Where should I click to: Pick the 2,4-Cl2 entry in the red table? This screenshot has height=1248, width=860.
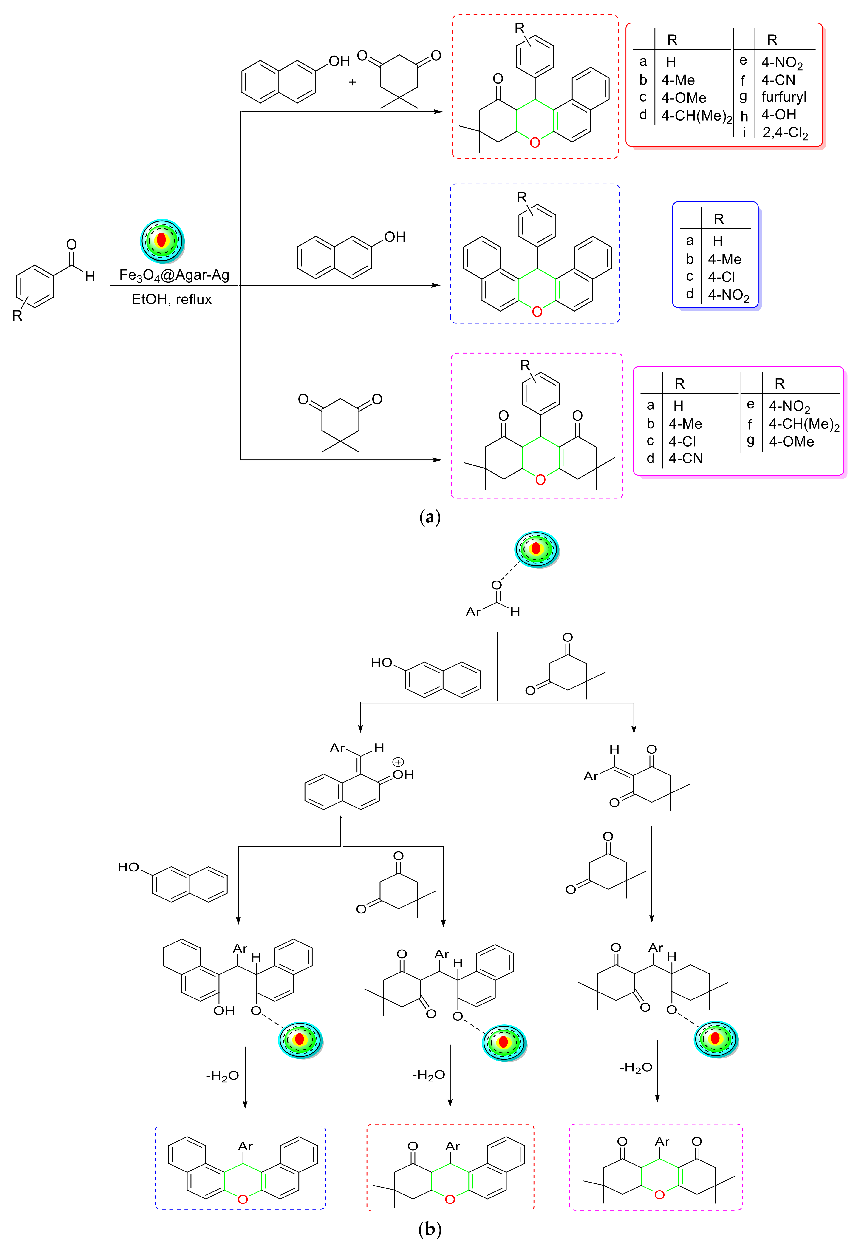click(785, 133)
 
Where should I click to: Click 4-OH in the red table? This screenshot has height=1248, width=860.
click(779, 115)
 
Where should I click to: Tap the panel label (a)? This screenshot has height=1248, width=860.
click(430, 517)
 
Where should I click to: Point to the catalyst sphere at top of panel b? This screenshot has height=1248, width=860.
click(537, 549)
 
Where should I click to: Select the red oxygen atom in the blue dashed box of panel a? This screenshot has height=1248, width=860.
click(537, 312)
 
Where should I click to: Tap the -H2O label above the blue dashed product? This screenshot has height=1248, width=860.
click(222, 1076)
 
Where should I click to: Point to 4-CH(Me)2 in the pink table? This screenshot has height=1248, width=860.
click(804, 425)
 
